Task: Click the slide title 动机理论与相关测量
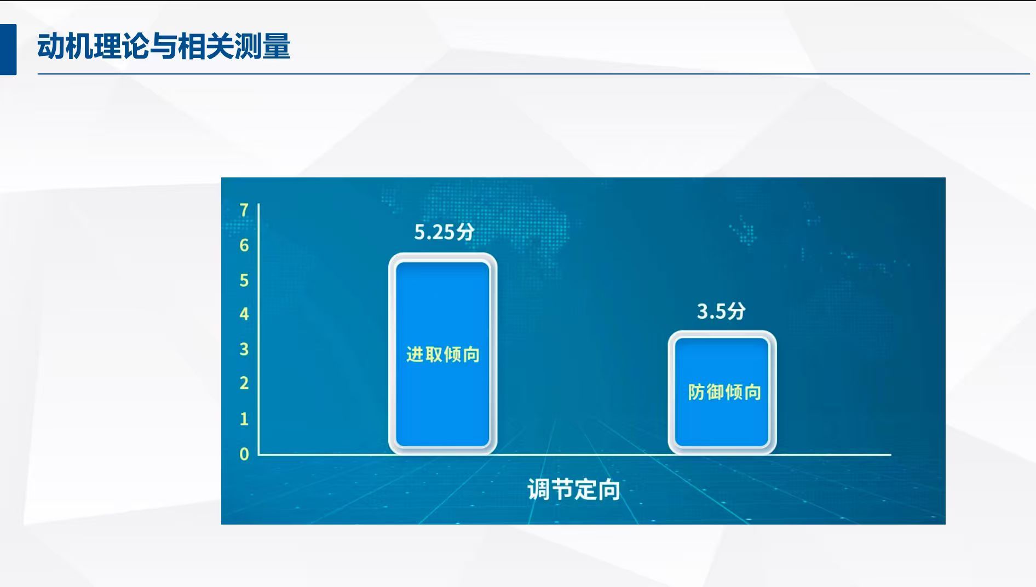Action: tap(164, 46)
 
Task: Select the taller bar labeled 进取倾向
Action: tap(442, 354)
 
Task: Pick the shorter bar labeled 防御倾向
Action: tap(722, 392)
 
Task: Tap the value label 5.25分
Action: tap(444, 232)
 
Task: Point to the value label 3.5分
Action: tap(721, 311)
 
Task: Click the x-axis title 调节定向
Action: tap(574, 489)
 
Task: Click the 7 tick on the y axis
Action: tap(244, 210)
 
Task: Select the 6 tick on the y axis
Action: tap(244, 245)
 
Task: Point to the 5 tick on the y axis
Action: tap(244, 280)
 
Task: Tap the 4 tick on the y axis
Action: tap(244, 314)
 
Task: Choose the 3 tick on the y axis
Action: tap(244, 349)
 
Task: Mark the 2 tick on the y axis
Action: tap(244, 383)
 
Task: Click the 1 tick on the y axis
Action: tap(244, 419)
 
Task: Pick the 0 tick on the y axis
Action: tap(244, 454)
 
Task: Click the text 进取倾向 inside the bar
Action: tap(443, 354)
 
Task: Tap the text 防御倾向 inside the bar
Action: tap(724, 392)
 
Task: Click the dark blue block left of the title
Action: tap(8, 49)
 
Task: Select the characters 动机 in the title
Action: tap(65, 46)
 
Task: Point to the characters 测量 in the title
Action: tap(262, 46)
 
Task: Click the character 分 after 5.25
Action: tap(465, 232)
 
